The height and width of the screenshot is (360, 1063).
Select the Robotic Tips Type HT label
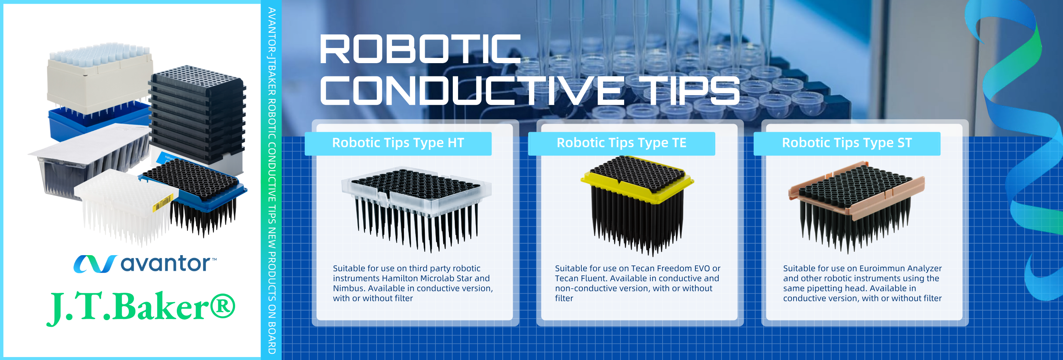point(398,143)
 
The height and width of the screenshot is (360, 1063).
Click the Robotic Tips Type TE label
point(622,143)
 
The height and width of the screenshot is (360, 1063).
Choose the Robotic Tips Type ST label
point(847,143)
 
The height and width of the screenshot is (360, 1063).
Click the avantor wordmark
point(165,263)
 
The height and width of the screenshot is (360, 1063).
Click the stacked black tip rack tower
point(197,116)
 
